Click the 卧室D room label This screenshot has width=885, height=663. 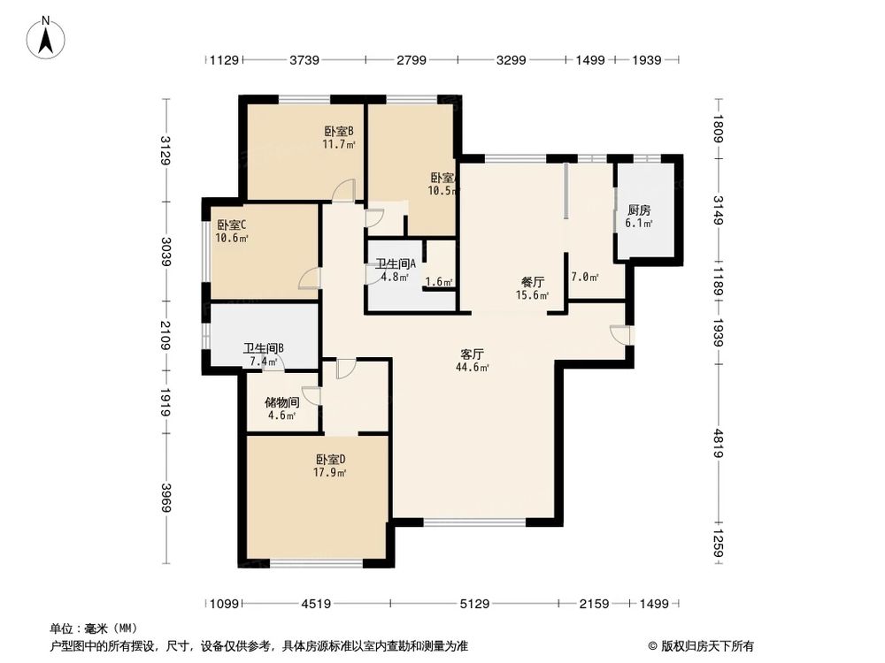[330, 460]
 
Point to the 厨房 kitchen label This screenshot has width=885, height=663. [639, 210]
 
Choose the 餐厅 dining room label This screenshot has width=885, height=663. [531, 283]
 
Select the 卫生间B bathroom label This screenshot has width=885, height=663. [263, 347]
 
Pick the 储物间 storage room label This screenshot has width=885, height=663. [281, 402]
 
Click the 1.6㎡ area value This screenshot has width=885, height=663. [439, 283]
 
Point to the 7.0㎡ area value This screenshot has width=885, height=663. [585, 278]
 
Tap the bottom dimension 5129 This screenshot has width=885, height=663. [476, 605]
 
